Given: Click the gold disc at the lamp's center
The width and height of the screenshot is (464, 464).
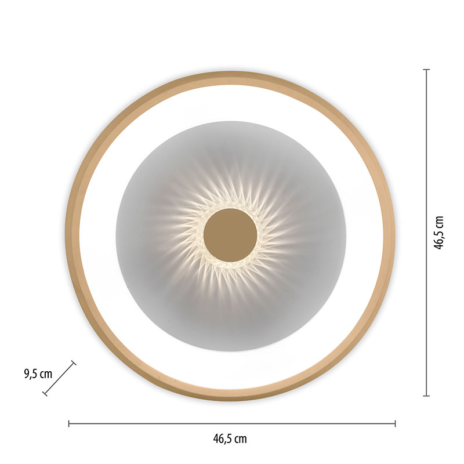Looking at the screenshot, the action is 230,235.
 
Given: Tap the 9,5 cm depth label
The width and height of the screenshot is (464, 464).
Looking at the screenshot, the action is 38,374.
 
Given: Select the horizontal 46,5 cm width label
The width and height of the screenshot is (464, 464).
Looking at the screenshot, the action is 230,438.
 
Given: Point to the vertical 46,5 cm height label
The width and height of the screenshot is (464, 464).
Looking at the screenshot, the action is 439,233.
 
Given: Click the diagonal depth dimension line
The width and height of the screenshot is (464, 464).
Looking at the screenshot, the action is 59,378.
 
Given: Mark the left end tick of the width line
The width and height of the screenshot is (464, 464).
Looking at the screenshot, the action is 68,424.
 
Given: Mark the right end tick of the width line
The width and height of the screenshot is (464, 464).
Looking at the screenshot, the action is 395,424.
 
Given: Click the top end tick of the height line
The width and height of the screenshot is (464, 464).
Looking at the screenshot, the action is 426,70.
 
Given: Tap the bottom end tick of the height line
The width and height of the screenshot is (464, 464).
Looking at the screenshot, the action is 426,396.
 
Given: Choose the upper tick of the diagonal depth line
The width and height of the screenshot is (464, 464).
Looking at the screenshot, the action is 74,362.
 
